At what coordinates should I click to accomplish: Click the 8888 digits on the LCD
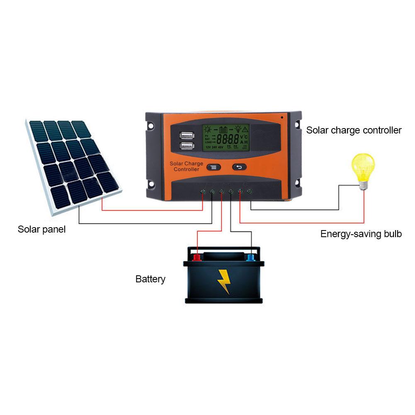coord(228,138)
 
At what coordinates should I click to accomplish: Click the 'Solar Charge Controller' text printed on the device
coord(187,166)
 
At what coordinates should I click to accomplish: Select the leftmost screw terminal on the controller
coord(203,192)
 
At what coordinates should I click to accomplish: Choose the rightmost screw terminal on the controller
coord(249,192)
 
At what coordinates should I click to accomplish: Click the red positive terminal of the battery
coord(197,258)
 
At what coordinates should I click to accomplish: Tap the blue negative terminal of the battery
coord(250,258)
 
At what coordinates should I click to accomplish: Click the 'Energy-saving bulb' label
coord(361,234)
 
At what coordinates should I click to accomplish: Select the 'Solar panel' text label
coord(41,229)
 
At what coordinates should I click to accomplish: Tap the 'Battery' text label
coord(150,279)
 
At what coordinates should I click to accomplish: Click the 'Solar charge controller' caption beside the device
coord(354,130)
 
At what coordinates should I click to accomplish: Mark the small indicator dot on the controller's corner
coord(282,117)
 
